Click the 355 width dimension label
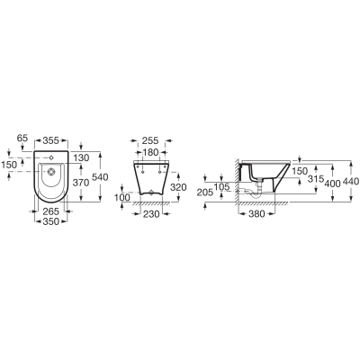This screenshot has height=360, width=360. [50, 140]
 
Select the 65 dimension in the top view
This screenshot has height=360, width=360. [22, 139]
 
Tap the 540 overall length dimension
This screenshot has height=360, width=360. [100, 177]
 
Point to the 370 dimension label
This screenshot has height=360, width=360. [81, 182]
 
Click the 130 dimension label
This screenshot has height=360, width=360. [81, 157]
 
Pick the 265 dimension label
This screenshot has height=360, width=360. [50, 211]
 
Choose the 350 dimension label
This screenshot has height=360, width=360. [50, 221]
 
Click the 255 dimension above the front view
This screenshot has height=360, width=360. [150, 140]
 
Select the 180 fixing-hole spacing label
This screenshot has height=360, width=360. [150, 152]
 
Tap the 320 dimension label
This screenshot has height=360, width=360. [178, 187]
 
